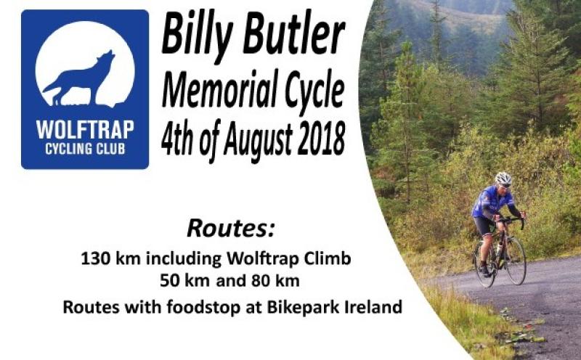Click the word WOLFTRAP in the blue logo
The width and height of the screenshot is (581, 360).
[x=84, y=131]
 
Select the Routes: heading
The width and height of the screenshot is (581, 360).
[x=232, y=228]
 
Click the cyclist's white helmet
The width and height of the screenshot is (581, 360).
[x=503, y=178]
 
